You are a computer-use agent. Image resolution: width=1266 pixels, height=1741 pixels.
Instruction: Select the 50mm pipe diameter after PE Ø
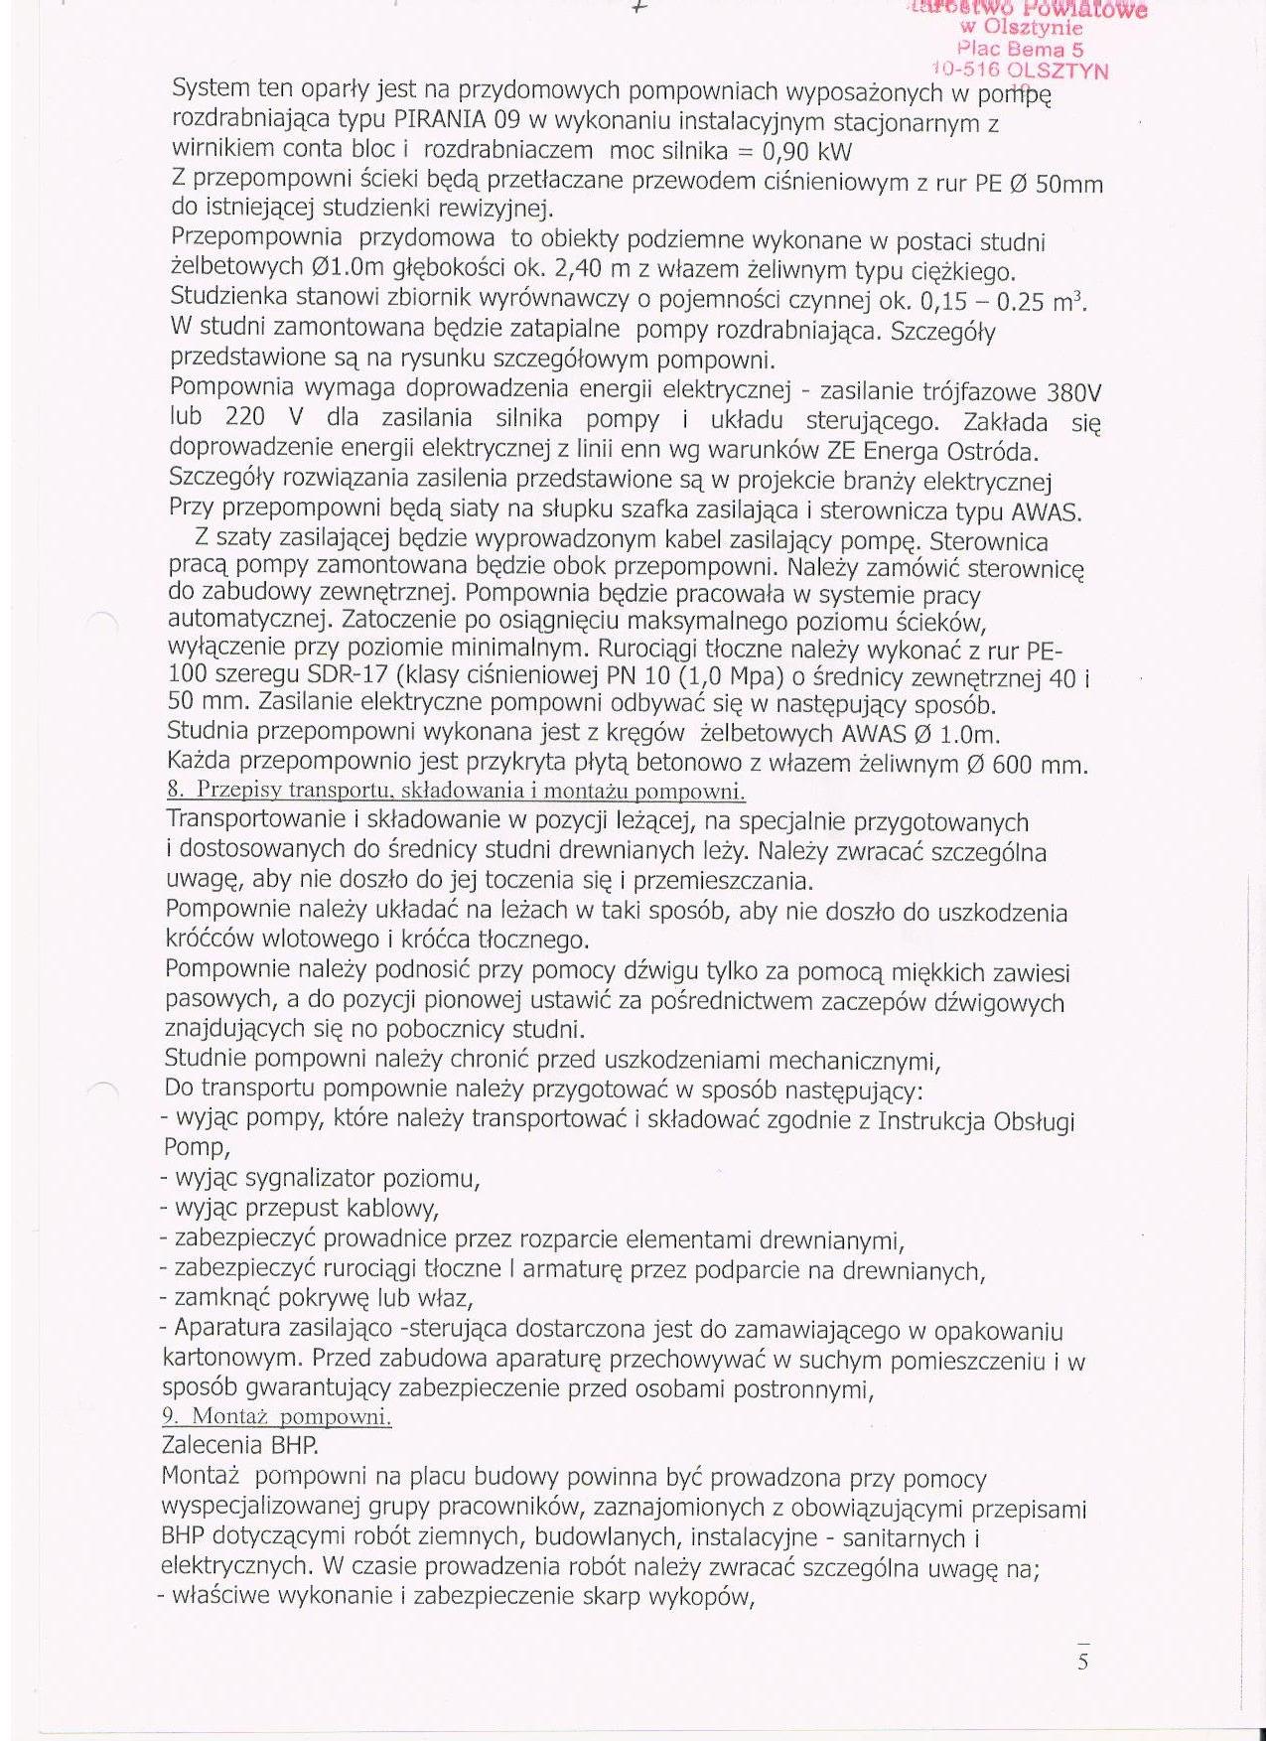(x=1068, y=185)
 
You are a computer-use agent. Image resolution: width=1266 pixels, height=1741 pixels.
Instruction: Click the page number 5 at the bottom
(x=1082, y=1662)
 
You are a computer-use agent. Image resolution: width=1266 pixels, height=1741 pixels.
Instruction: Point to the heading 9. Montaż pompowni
(x=277, y=1416)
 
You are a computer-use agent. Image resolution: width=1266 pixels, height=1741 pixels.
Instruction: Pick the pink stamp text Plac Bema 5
(x=1021, y=49)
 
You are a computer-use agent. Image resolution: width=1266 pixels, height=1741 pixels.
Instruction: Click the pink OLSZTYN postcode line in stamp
(x=1021, y=71)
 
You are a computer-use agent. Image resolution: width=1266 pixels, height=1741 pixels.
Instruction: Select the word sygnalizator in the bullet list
(x=308, y=1179)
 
